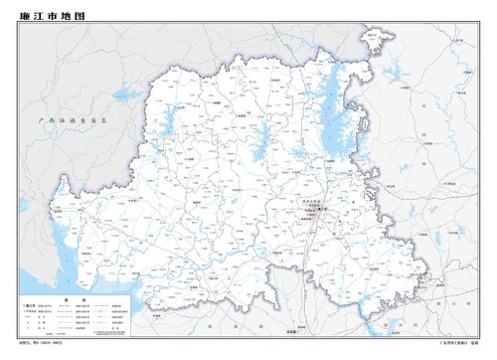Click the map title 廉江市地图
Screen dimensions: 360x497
pyautogui.click(x=53, y=17)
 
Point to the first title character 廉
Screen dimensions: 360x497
pyautogui.click(x=25, y=17)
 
